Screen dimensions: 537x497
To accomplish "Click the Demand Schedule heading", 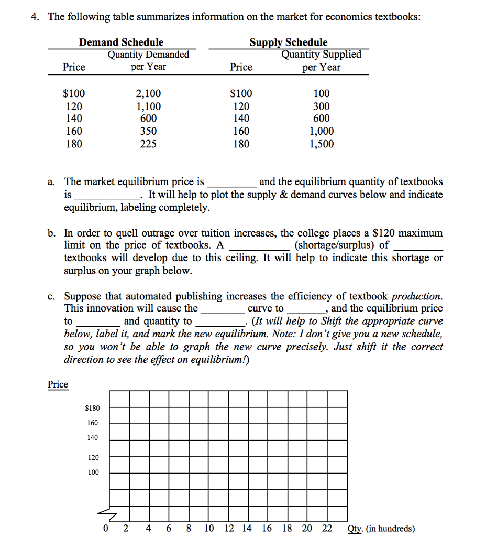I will [x=121, y=42].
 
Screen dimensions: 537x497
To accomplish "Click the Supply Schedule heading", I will [x=288, y=42].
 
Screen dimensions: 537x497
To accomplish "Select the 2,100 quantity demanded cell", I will [x=148, y=94].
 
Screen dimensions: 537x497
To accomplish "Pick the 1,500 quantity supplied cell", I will [x=321, y=144].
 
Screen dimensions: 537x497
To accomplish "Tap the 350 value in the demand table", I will [x=148, y=132].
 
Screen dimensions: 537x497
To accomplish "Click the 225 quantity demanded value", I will [x=148, y=144].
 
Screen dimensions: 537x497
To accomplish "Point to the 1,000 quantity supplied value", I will [x=321, y=132].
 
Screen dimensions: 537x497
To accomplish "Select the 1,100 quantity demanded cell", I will [x=148, y=106].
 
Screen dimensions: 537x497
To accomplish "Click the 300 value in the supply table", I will [x=321, y=106].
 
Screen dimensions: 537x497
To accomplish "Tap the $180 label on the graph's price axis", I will [x=92, y=408].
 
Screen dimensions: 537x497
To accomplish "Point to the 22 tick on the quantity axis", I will [x=327, y=528].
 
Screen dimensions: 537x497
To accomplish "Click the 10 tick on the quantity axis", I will [x=208, y=528].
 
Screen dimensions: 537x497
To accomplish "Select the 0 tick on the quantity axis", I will [x=106, y=528].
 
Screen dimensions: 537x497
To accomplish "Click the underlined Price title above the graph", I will [x=58, y=384].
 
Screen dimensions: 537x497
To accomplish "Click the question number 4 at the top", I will [x=34, y=17].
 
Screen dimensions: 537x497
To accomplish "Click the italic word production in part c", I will [x=416, y=296].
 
